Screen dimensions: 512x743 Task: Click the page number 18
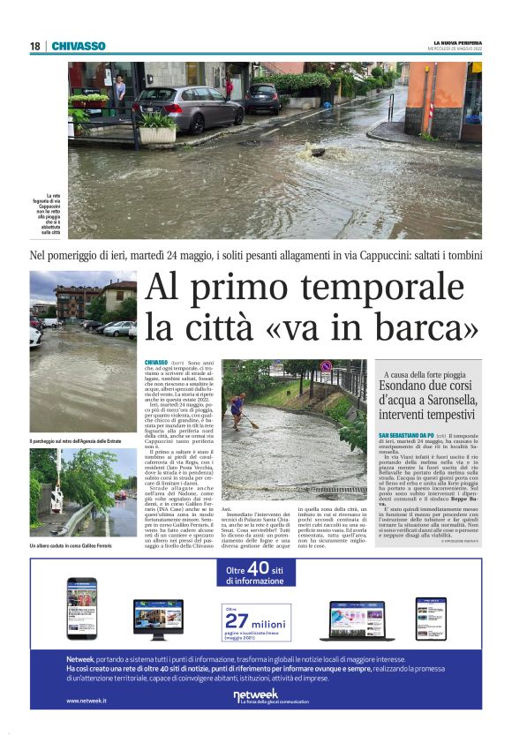(x=35, y=46)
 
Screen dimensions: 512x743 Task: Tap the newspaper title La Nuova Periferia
(x=456, y=42)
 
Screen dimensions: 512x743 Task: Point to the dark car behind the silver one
(x=261, y=98)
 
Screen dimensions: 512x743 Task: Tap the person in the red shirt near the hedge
(x=229, y=87)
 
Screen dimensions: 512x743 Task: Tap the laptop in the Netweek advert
(x=364, y=619)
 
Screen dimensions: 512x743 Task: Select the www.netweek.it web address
(x=87, y=700)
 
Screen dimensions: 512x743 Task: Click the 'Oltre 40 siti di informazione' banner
(x=256, y=574)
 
